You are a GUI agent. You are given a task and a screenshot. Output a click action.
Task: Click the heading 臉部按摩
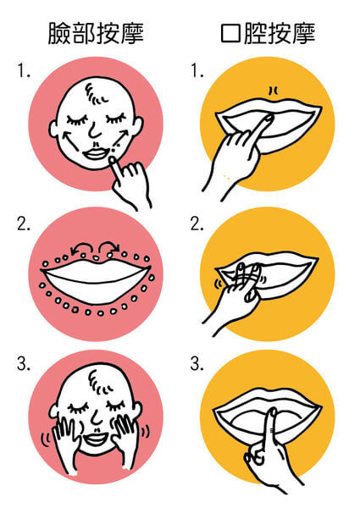click(x=96, y=33)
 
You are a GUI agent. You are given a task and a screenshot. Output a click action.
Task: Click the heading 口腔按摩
click(x=268, y=33)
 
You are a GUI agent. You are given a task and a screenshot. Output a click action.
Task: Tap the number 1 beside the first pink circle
click(x=24, y=71)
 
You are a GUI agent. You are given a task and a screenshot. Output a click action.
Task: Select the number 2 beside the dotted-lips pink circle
click(x=24, y=224)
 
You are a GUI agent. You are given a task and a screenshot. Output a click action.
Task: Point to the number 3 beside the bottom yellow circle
click(x=197, y=364)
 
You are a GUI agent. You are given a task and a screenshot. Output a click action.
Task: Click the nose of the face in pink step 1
click(x=94, y=130)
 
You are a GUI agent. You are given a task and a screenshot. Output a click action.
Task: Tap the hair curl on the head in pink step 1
click(x=96, y=93)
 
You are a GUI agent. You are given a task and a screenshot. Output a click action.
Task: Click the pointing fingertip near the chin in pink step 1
click(x=112, y=160)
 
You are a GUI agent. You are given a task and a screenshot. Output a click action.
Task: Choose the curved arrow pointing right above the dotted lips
click(x=110, y=247)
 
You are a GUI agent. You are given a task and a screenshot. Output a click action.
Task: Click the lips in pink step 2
click(x=97, y=281)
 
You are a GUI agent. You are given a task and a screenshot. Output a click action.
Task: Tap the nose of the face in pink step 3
click(x=96, y=417)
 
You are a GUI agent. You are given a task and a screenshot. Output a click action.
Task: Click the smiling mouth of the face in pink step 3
click(x=95, y=438)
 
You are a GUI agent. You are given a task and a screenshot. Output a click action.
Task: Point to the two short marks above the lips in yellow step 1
click(x=274, y=91)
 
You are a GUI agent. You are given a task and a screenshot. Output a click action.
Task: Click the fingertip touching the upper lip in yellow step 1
click(x=268, y=119)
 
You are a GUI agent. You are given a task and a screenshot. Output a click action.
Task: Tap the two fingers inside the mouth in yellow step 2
click(x=247, y=275)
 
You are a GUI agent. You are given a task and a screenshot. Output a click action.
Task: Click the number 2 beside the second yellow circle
click(x=197, y=224)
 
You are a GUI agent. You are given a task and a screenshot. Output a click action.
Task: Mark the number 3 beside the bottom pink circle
click(x=24, y=364)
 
